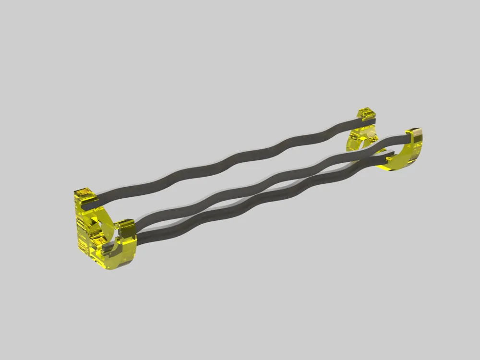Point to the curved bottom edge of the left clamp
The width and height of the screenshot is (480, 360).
click(x=120, y=262)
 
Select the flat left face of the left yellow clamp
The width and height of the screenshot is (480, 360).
click(x=82, y=230)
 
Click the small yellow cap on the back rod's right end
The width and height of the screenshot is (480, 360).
click(x=365, y=114)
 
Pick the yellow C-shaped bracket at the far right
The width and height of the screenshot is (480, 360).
click(x=408, y=154)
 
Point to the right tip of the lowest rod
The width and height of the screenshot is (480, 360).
click(x=391, y=154)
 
